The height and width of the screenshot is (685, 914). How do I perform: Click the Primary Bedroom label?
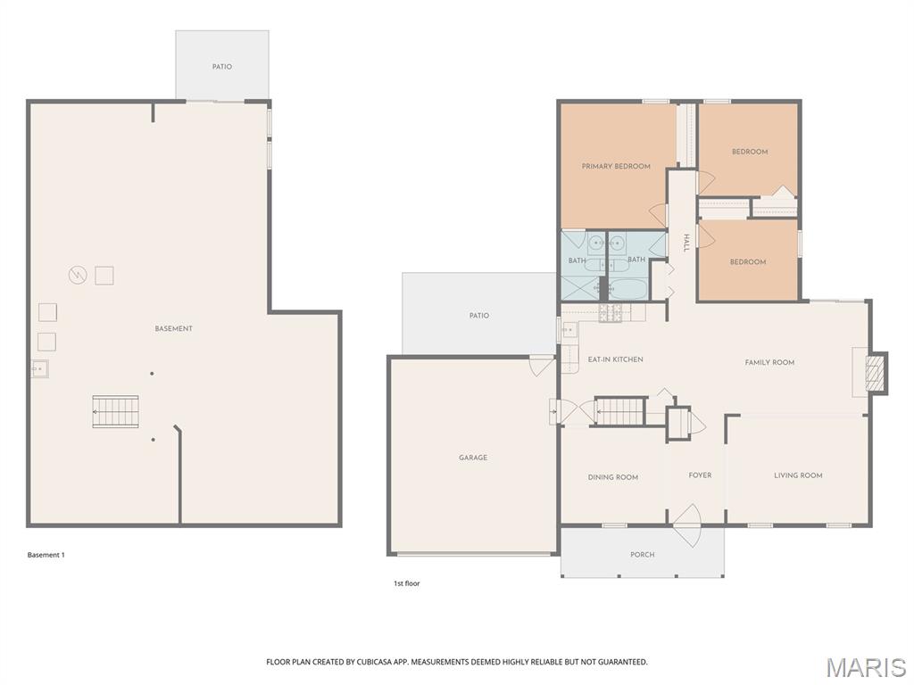[616, 166]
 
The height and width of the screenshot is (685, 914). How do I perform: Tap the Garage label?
[473, 458]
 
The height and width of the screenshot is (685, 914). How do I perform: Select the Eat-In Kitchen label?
[615, 359]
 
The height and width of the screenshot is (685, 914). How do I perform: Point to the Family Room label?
[769, 362]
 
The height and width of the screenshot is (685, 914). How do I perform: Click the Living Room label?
[798, 475]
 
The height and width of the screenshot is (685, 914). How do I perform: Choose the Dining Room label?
[613, 477]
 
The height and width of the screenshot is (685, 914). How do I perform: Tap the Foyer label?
[700, 475]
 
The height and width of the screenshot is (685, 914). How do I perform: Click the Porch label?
[642, 555]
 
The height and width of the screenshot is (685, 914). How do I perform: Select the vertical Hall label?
[685, 243]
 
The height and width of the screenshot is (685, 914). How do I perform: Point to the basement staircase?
[116, 412]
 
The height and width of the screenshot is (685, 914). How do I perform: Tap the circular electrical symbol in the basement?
[78, 276]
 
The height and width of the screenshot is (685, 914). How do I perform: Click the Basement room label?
[173, 329]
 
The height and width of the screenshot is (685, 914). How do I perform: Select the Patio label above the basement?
[222, 67]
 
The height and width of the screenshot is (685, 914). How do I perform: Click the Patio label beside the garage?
[479, 316]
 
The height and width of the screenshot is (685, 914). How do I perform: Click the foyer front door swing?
[687, 526]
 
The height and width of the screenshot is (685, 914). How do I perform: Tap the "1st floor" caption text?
[407, 583]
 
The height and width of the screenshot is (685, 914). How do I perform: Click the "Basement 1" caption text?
[46, 555]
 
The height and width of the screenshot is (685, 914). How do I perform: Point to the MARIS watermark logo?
[865, 667]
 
